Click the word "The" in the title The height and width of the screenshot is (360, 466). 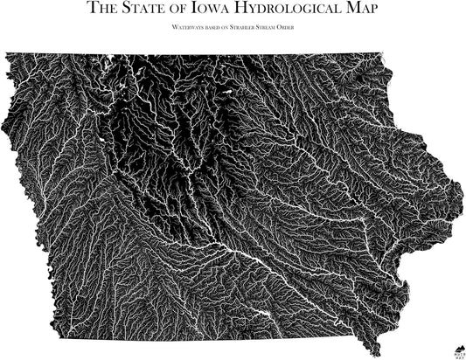(x=105, y=10)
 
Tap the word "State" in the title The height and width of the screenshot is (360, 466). (x=150, y=10)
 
